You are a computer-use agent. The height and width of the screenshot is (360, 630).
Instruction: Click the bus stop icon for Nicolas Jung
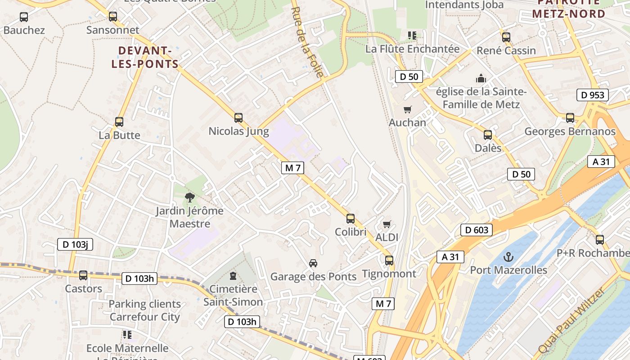(238, 118)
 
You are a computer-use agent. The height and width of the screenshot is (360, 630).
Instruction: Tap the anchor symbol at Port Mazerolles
(508, 257)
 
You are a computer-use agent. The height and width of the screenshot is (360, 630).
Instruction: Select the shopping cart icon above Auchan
(408, 109)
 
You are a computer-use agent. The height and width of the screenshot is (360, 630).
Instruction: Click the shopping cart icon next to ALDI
(387, 224)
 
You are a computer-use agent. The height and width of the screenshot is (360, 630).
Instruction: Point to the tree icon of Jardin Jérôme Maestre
(190, 197)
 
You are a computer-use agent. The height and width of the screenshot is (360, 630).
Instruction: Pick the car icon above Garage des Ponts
(313, 263)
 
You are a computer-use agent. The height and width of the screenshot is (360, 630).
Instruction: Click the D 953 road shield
(592, 95)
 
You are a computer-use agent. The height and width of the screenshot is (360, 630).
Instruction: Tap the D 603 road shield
(477, 230)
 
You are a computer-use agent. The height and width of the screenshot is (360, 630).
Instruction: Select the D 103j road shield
(75, 244)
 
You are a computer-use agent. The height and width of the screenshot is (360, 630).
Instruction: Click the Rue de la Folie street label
(307, 43)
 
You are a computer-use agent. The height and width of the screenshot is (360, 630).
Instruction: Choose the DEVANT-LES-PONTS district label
(145, 57)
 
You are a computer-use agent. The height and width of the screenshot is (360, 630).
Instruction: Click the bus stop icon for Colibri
(351, 219)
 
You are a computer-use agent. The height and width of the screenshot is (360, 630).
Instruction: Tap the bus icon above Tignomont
(389, 260)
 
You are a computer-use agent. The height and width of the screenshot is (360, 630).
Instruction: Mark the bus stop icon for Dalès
(488, 135)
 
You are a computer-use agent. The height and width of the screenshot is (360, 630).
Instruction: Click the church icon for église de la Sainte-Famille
(481, 79)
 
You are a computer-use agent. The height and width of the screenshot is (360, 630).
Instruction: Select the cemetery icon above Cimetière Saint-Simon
(233, 275)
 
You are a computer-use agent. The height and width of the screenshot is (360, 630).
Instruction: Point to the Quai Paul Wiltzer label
(572, 320)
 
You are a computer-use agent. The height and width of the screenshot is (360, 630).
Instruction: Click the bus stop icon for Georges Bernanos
(570, 118)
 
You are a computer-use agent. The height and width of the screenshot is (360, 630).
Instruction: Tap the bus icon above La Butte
(119, 121)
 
